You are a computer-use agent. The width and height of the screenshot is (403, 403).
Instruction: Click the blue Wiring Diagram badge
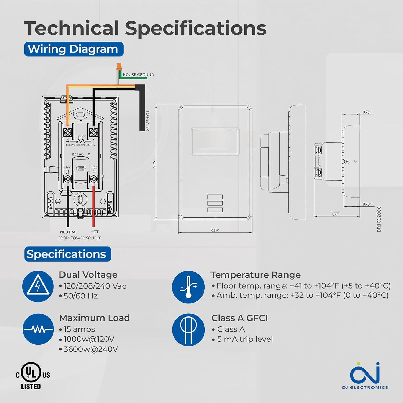click(x=74, y=49)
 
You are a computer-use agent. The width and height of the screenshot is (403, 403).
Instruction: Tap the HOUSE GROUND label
click(x=138, y=75)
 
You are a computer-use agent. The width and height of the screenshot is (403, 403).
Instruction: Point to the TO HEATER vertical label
click(x=147, y=121)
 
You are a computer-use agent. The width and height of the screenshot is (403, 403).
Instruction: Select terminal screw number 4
click(x=67, y=132)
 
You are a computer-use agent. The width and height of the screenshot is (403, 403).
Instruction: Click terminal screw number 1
click(x=93, y=132)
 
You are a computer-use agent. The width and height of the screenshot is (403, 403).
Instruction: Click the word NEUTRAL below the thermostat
click(x=69, y=232)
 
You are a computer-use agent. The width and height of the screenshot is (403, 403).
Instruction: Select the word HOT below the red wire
click(x=95, y=232)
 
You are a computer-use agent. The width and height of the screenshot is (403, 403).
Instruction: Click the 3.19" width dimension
click(x=215, y=231)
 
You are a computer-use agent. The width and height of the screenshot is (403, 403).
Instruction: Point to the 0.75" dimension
click(x=366, y=112)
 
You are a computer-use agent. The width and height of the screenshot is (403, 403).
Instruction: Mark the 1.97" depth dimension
click(x=335, y=214)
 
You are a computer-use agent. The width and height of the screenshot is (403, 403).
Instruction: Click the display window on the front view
click(x=215, y=142)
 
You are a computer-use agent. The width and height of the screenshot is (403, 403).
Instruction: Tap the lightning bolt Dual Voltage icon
click(x=38, y=286)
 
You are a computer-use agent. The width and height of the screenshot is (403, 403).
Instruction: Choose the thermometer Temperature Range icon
click(x=188, y=287)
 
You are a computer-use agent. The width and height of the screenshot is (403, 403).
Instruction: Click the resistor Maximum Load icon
click(x=38, y=329)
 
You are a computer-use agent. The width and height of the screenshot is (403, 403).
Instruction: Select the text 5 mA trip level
click(x=245, y=339)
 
